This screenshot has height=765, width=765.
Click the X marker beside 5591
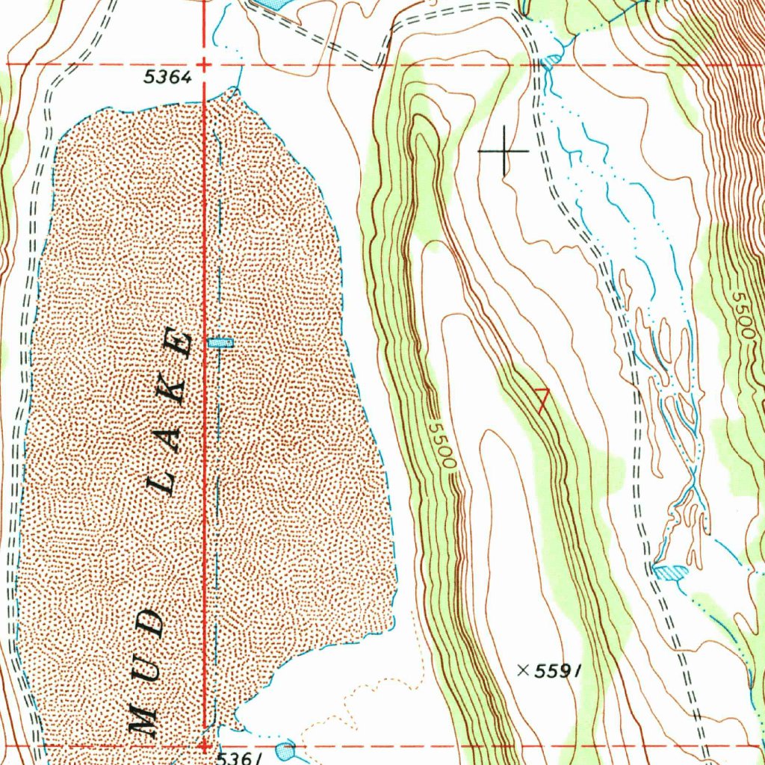pyautogui.click(x=522, y=671)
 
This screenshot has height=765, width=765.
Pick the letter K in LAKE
pyautogui.click(x=174, y=388)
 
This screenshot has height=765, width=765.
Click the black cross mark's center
pyautogui.click(x=504, y=151)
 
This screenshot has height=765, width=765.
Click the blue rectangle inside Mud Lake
pyautogui.click(x=220, y=343)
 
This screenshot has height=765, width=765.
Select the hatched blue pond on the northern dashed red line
pyautogui.click(x=551, y=60)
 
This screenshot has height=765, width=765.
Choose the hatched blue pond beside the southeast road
pyautogui.click(x=670, y=572)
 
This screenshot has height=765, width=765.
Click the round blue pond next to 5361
pyautogui.click(x=285, y=750)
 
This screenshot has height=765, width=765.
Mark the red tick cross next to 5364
pyautogui.click(x=202, y=65)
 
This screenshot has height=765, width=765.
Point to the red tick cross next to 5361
pyautogui.click(x=203, y=745)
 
